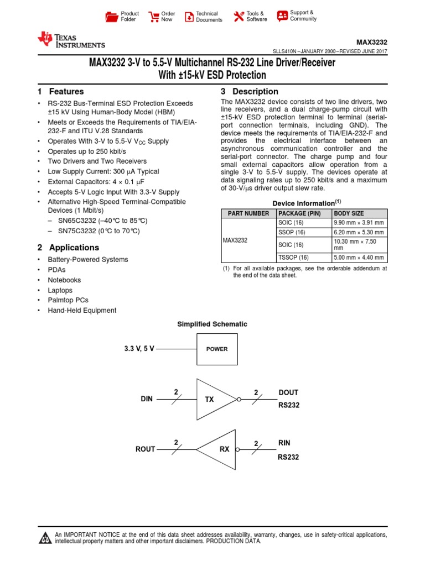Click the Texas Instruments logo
tap(70, 40)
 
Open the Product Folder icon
tap(111, 17)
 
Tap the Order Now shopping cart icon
tap(154, 17)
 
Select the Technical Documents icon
tap(189, 17)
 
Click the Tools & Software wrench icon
tap(239, 17)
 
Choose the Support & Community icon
tap(282, 15)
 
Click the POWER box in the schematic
tap(217, 349)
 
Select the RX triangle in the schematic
tap(217, 449)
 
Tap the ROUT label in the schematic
tap(146, 449)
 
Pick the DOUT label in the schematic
tap(288, 392)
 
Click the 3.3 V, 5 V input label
tap(139, 349)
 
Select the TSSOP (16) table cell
tap(291, 257)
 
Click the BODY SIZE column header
tap(349, 213)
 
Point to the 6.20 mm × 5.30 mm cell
tap(358, 232)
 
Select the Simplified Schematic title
tap(212, 324)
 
